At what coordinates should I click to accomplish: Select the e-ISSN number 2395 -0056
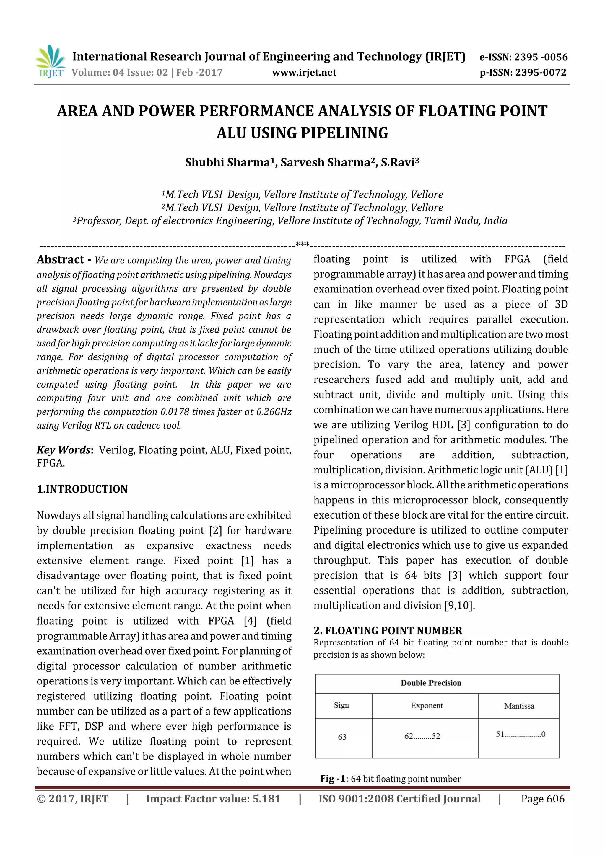pos(541,57)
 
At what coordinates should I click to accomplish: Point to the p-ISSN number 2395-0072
pos(541,73)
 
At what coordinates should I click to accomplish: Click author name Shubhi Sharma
pos(227,163)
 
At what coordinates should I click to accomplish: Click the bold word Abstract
pos(60,259)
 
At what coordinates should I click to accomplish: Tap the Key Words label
pos(64,450)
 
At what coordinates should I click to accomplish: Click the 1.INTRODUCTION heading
pos(82,489)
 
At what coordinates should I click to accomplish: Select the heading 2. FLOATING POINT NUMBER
pos(388,630)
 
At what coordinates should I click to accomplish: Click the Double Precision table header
pos(431,683)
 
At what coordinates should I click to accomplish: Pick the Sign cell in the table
pos(341,705)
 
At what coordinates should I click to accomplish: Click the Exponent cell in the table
pos(427,706)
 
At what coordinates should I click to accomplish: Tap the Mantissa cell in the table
pos(519,706)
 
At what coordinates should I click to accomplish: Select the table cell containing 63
pos(342,737)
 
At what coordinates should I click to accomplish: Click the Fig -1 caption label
pos(333,779)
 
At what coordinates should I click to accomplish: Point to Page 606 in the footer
pos(543,799)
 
